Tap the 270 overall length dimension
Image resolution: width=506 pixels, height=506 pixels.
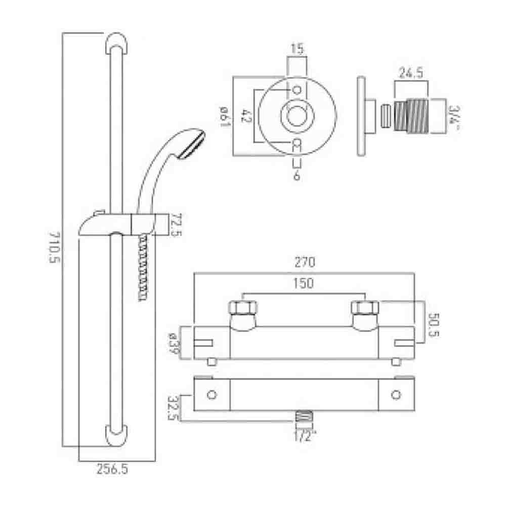pyautogui.click(x=305, y=263)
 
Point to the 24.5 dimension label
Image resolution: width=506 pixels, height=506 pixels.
pyautogui.click(x=410, y=73)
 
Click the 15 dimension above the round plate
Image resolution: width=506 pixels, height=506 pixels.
pyautogui.click(x=297, y=50)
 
